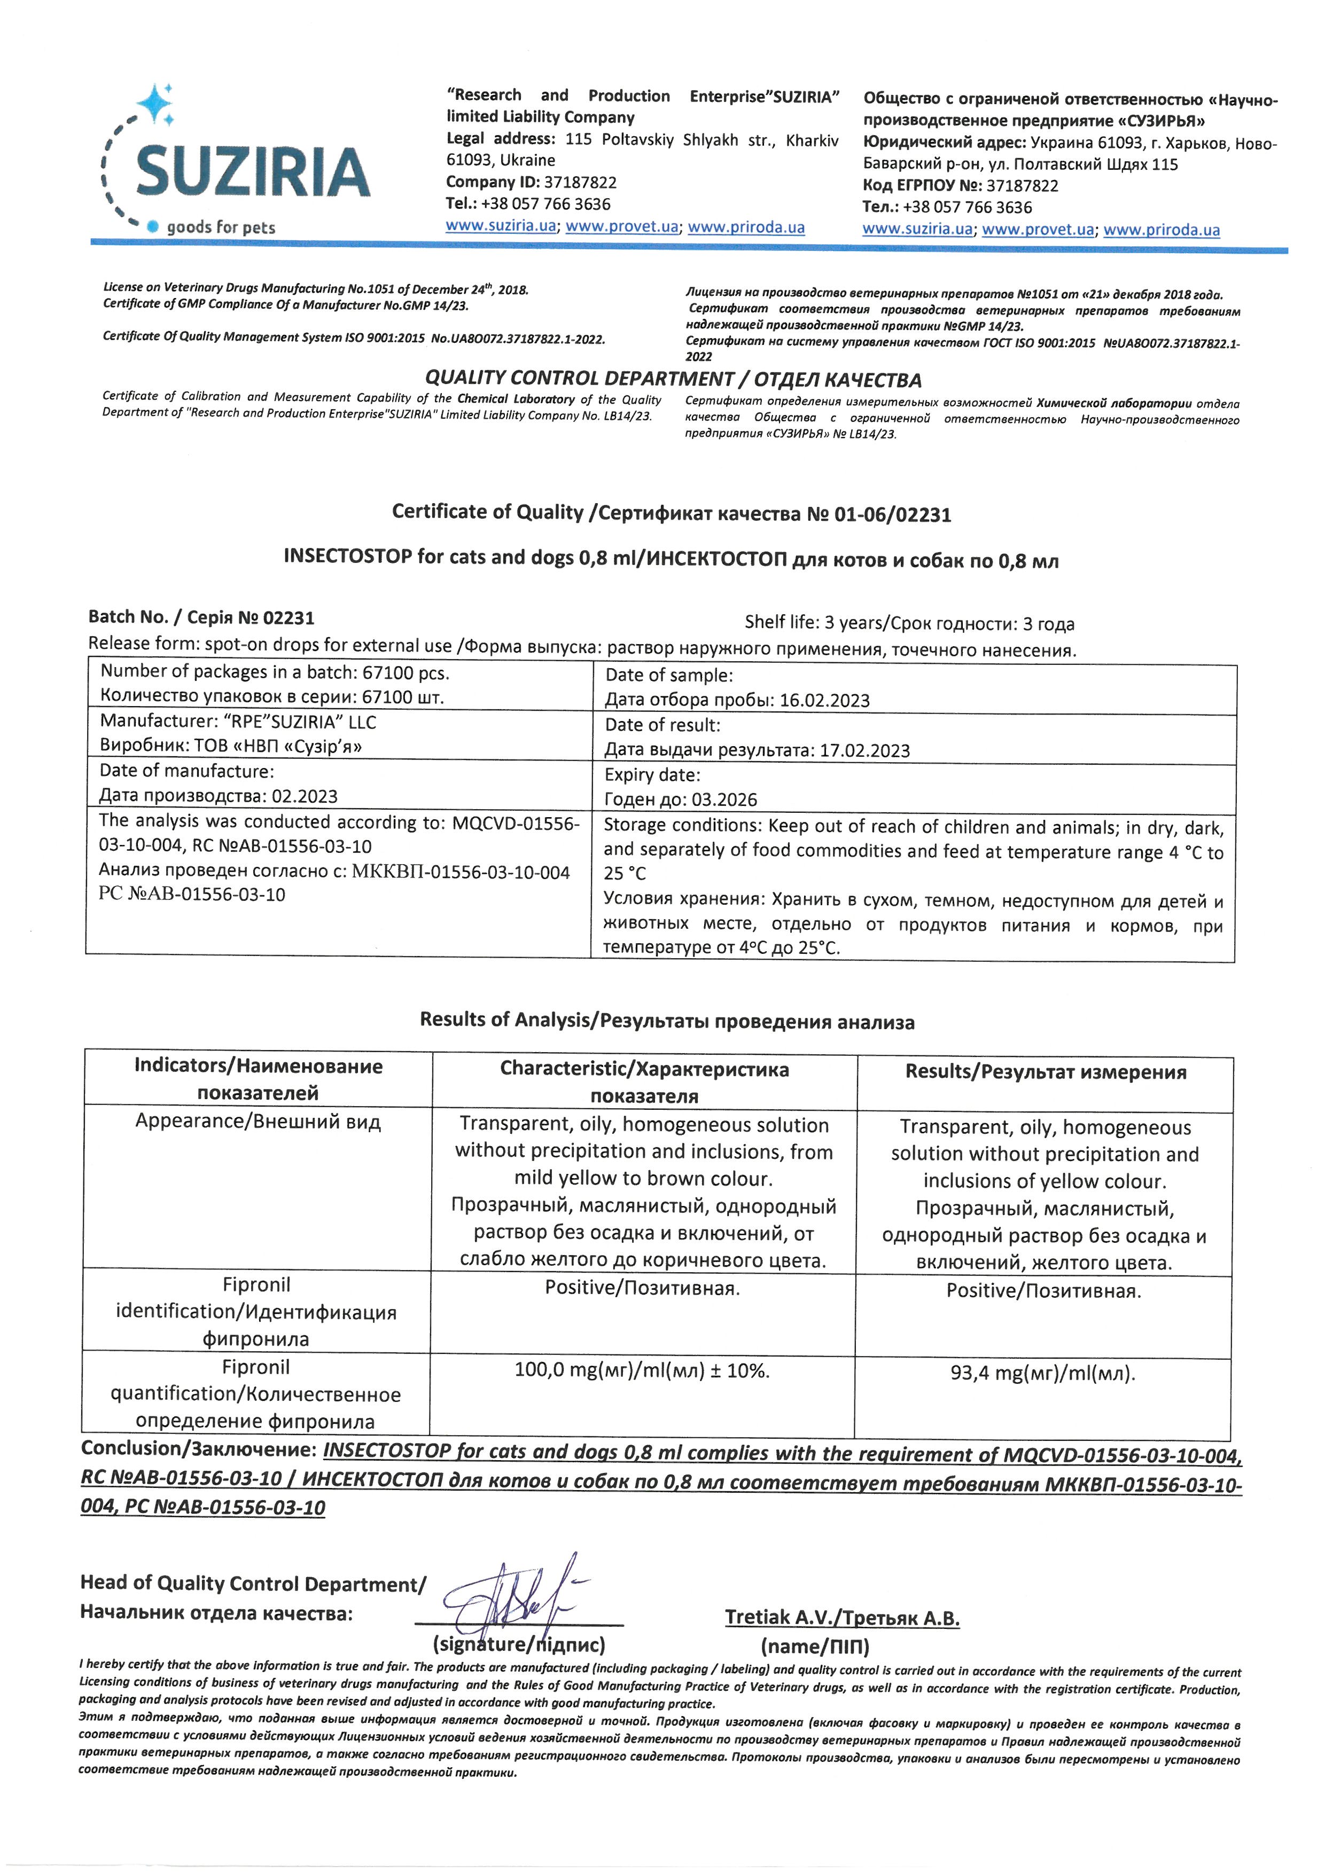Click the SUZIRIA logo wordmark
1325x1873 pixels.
[x=252, y=171]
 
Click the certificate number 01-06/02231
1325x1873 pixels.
[x=893, y=515]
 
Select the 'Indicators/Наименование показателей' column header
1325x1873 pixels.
[x=258, y=1079]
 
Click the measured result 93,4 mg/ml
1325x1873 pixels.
[x=1042, y=1373]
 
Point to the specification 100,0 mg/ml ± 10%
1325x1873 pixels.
[x=641, y=1370]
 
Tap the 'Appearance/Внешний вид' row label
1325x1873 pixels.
[x=258, y=1122]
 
